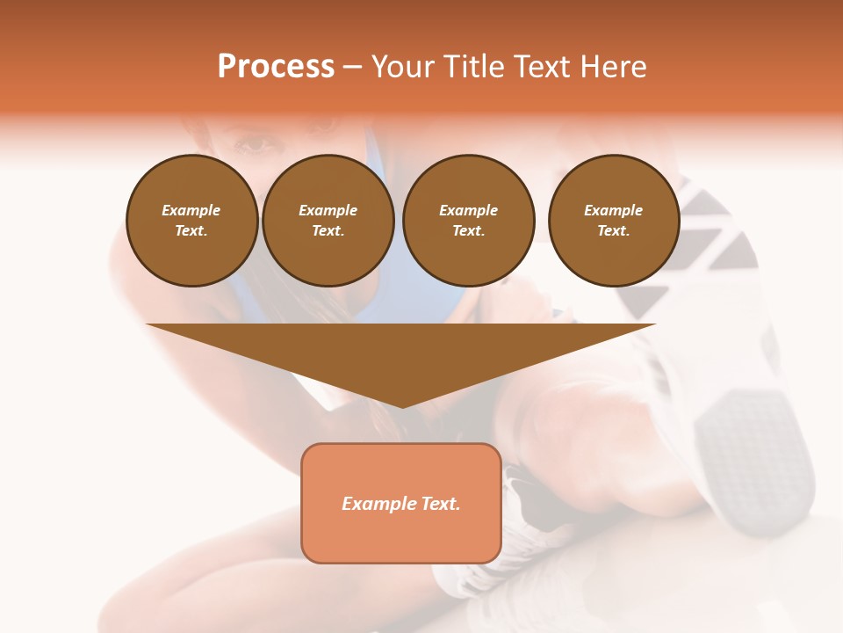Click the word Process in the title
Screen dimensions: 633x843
tap(276, 67)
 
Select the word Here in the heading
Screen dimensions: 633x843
tap(612, 67)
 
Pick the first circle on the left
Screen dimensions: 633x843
tap(191, 221)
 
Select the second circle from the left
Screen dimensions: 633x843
tap(328, 221)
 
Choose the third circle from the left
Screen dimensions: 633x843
tap(468, 221)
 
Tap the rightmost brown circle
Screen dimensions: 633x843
tap(613, 221)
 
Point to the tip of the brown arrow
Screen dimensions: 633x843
tap(402, 405)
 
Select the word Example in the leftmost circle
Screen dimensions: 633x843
tap(191, 210)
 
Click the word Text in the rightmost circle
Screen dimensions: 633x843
tap(612, 230)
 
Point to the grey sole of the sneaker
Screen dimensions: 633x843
tap(755, 457)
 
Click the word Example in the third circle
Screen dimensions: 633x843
tap(468, 210)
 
